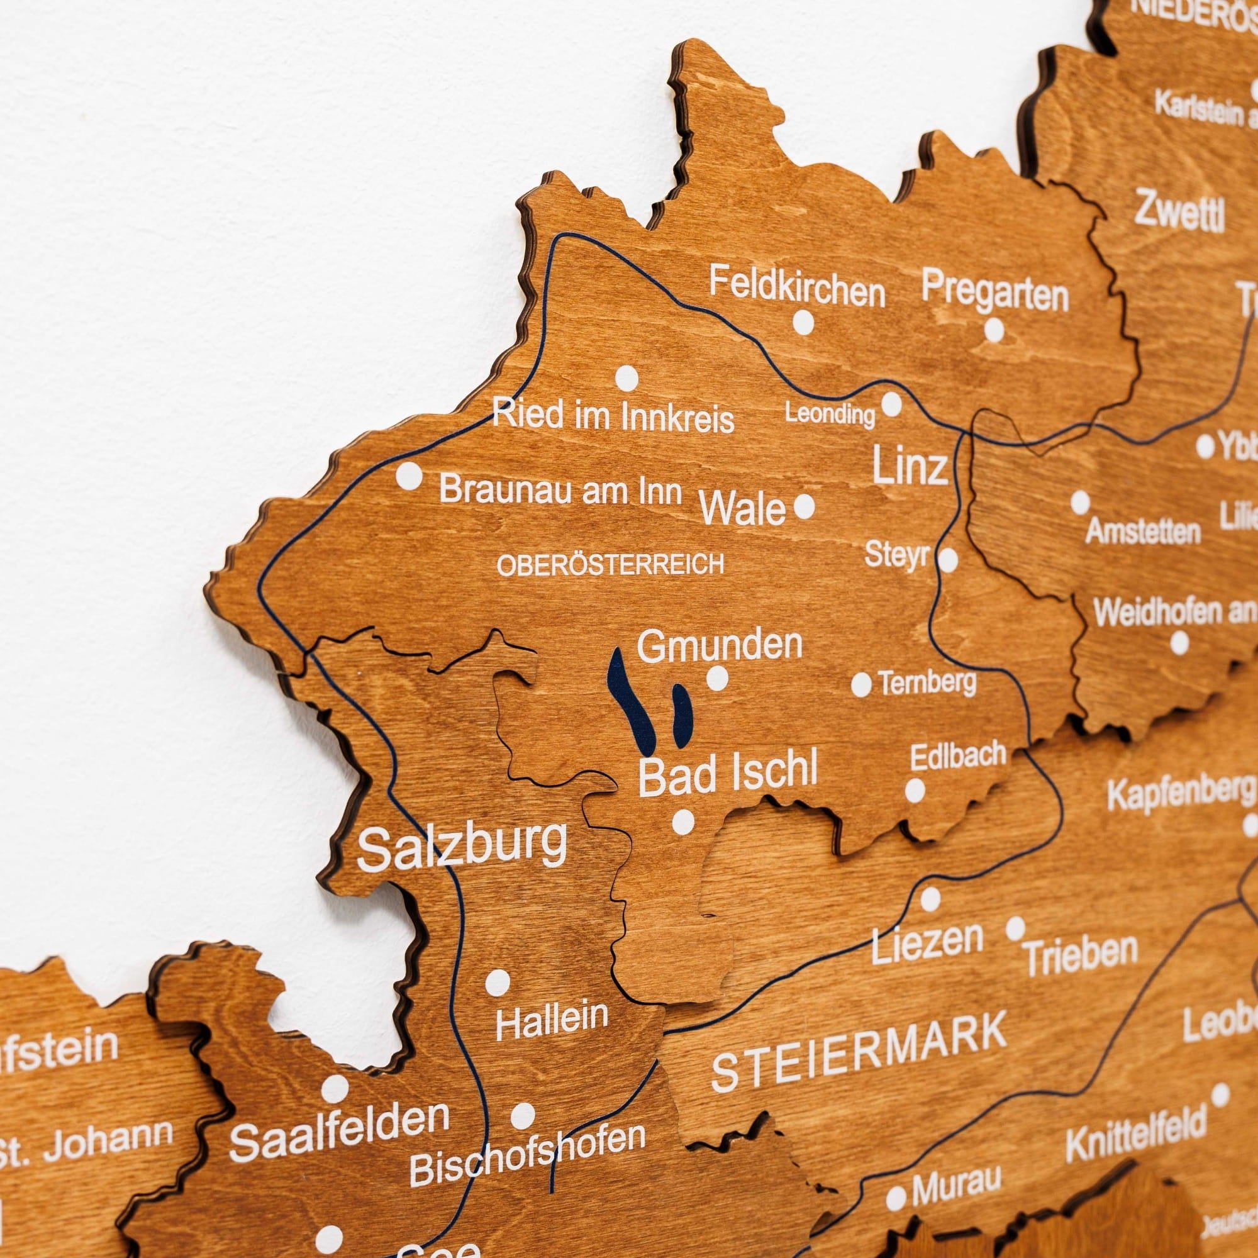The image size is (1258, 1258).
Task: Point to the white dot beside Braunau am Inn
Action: pos(409,476)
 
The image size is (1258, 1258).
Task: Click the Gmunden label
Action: pos(719,645)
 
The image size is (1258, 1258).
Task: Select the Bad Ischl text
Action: pos(727,774)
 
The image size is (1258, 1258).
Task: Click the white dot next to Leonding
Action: pos(891,404)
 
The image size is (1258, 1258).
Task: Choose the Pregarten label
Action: pos(995,292)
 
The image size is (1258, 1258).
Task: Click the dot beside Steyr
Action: pos(947,560)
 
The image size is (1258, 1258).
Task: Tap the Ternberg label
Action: pos(927,682)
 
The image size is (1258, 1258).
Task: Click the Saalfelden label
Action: pos(339,1134)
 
